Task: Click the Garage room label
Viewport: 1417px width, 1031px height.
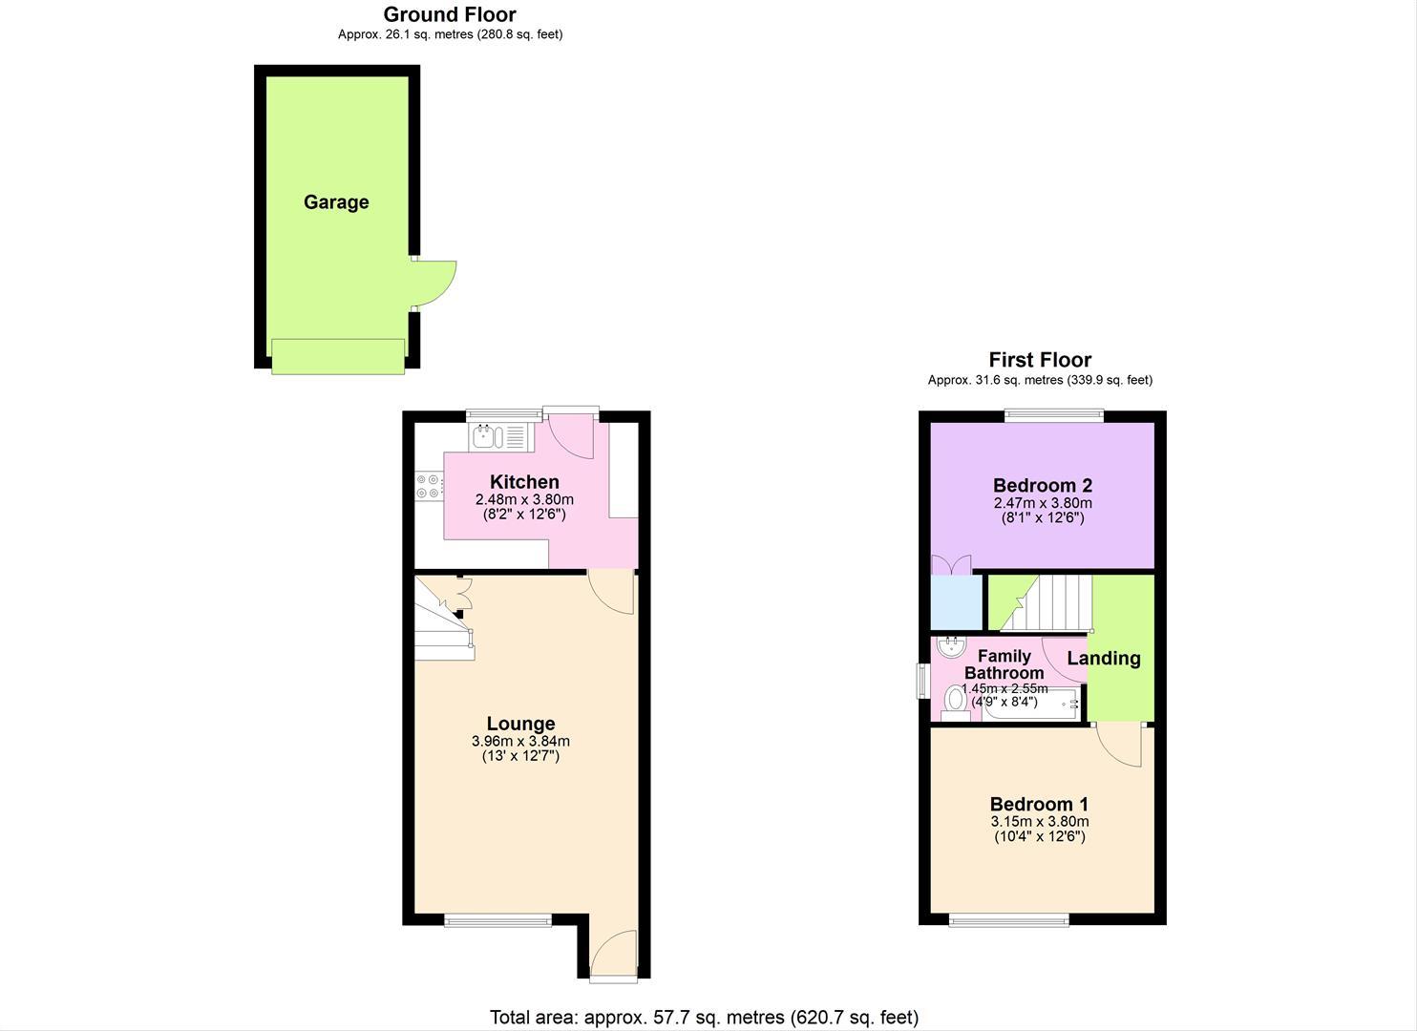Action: (x=336, y=202)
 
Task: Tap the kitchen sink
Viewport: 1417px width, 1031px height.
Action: (x=501, y=436)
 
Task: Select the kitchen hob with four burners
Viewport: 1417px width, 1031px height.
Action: (x=429, y=486)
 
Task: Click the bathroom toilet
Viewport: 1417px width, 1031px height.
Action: (x=955, y=704)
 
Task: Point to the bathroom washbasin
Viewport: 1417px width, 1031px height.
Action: (x=951, y=647)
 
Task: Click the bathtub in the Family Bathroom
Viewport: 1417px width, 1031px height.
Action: (x=1030, y=704)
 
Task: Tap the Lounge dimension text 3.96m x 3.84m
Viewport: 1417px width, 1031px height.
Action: (x=520, y=741)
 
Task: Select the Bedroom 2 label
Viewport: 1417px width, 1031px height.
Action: (x=1043, y=485)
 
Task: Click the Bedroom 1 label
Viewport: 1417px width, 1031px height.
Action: (x=1039, y=804)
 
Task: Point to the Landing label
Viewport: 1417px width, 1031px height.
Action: (x=1104, y=659)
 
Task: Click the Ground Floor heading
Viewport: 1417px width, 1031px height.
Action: (x=450, y=14)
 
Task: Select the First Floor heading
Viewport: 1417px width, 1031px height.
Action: (x=1040, y=360)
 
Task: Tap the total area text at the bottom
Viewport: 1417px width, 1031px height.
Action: (x=704, y=1017)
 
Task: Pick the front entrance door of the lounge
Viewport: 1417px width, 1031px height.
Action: (x=613, y=955)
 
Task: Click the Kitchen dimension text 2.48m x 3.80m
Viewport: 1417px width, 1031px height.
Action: (x=524, y=499)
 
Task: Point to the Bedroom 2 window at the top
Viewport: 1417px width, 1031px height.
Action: (x=1054, y=415)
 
